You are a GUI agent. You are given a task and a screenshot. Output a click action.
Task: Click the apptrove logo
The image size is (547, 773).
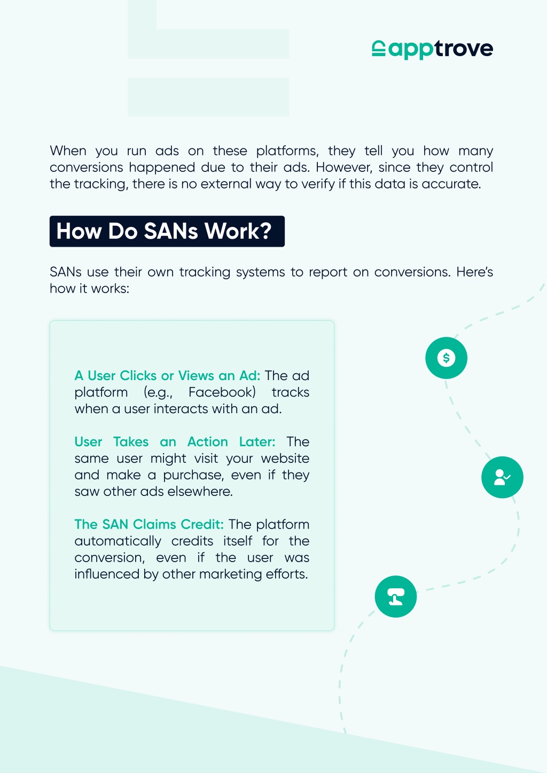point(432,50)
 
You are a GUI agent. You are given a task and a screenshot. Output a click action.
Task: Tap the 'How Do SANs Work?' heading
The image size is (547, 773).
point(167,231)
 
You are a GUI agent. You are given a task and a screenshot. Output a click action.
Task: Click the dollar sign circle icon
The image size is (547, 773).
point(446,358)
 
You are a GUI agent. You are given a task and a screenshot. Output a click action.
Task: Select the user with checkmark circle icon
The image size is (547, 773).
point(502,477)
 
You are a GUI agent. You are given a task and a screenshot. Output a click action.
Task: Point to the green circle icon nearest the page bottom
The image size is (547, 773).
point(396,596)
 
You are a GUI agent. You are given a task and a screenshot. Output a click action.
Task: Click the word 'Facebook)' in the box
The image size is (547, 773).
point(222,392)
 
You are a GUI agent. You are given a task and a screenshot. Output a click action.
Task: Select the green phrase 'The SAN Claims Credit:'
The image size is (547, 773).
point(149,524)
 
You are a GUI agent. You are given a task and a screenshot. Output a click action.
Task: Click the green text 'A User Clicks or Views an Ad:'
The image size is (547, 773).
point(168,375)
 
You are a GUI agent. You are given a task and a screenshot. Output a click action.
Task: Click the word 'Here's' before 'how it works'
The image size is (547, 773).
point(474,272)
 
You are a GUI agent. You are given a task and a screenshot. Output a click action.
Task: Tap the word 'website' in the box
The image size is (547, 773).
point(285,458)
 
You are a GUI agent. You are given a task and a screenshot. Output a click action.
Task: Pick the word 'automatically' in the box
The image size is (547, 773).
point(118,541)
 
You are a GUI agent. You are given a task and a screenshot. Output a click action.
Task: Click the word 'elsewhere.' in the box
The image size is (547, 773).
point(200,492)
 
